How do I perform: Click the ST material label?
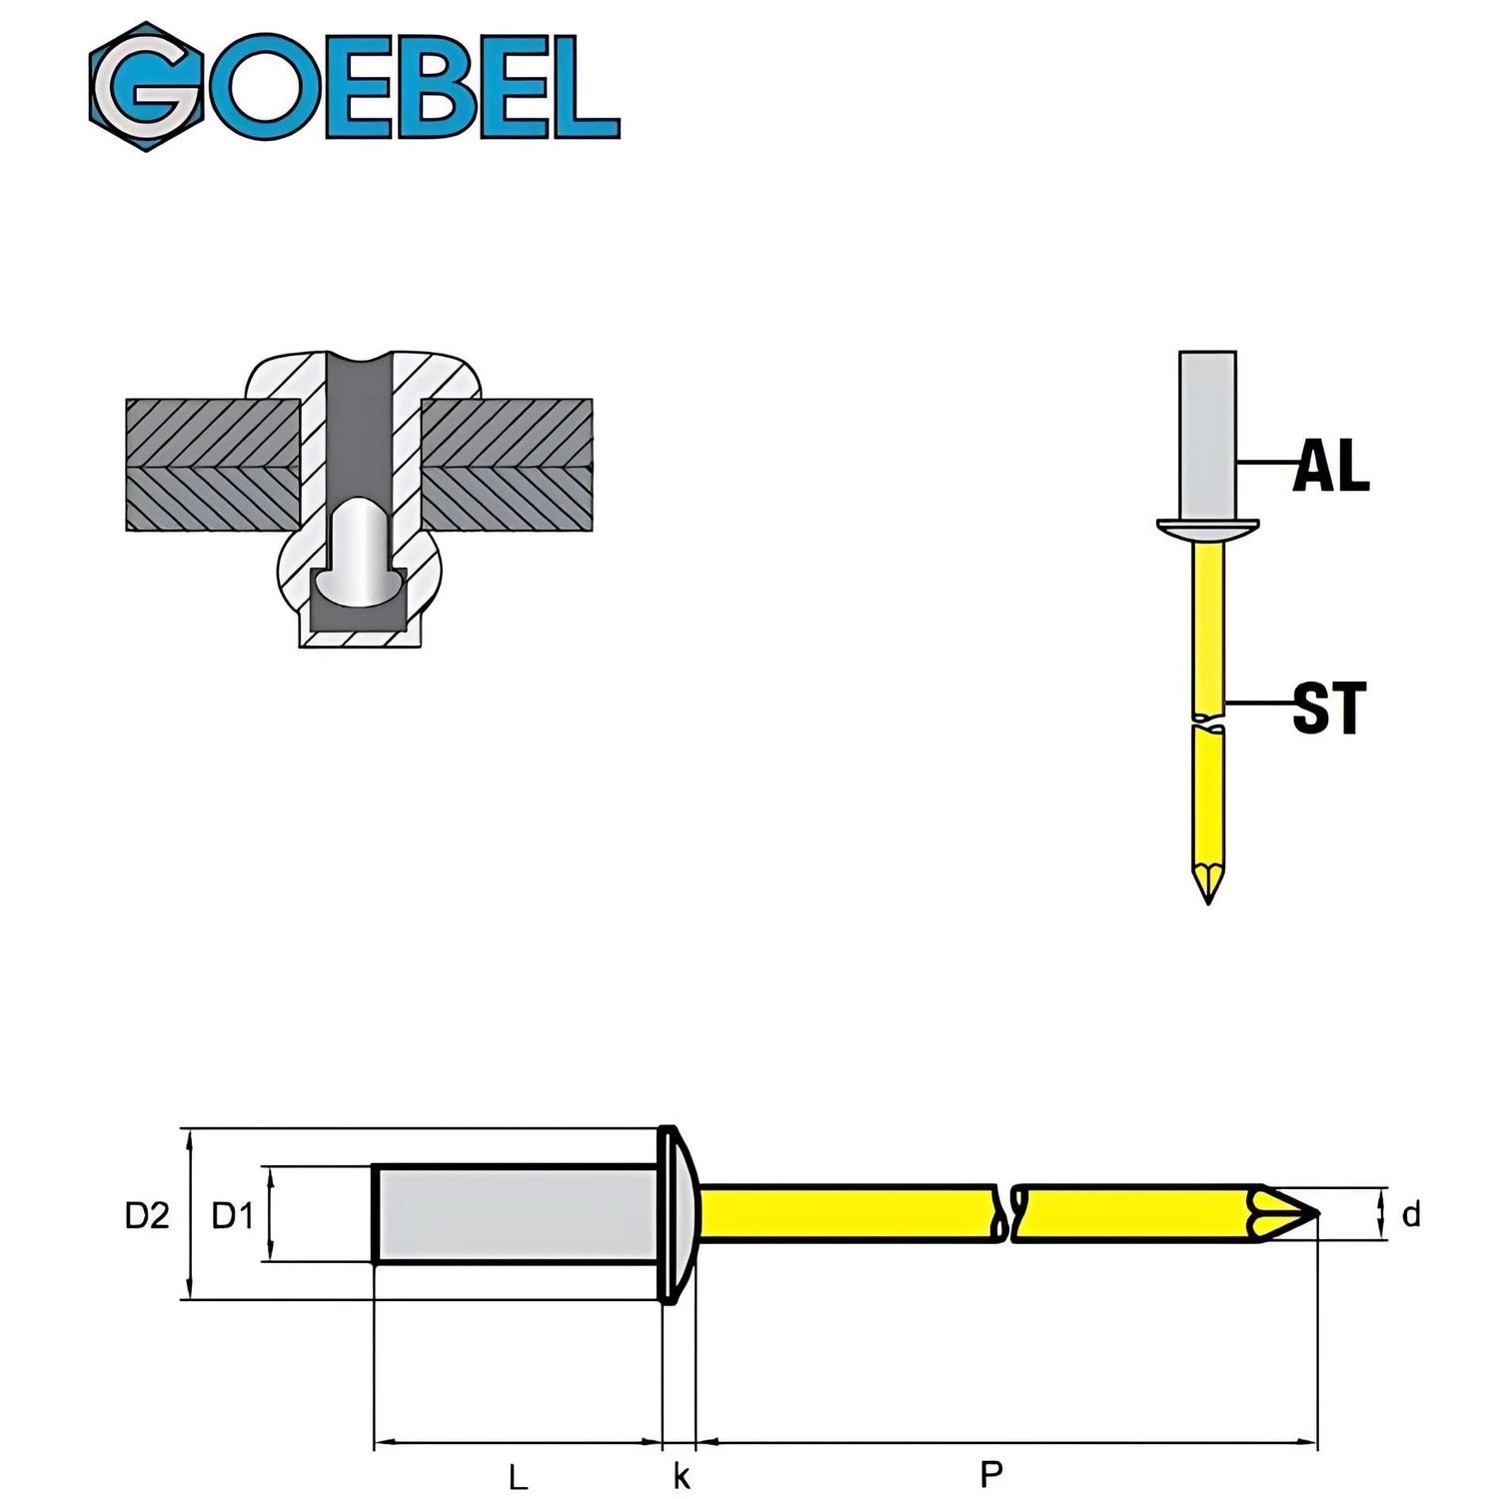click(1328, 708)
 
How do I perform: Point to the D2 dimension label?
click(147, 1215)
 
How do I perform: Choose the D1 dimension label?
click(233, 1215)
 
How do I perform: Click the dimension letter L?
click(517, 1476)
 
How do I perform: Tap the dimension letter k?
click(682, 1476)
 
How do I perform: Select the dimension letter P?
click(990, 1473)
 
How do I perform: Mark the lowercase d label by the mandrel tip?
click(1411, 1215)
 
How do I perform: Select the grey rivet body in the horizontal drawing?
click(515, 1214)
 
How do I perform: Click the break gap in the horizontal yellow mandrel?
click(1005, 1214)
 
